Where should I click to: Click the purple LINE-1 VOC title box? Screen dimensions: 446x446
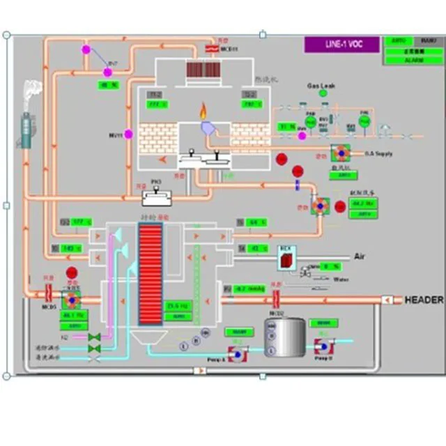click(341, 44)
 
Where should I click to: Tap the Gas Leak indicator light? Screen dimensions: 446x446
click(322, 93)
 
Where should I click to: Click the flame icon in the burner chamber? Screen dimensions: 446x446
click(203, 111)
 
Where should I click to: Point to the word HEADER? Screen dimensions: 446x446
click(424, 300)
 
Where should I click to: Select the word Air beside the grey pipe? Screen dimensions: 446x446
click(360, 256)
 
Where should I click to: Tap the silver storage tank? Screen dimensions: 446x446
click(286, 337)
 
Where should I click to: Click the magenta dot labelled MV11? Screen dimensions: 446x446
click(129, 134)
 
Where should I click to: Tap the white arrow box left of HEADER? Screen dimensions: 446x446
click(388, 300)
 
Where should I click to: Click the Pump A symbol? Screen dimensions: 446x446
click(238, 354)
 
